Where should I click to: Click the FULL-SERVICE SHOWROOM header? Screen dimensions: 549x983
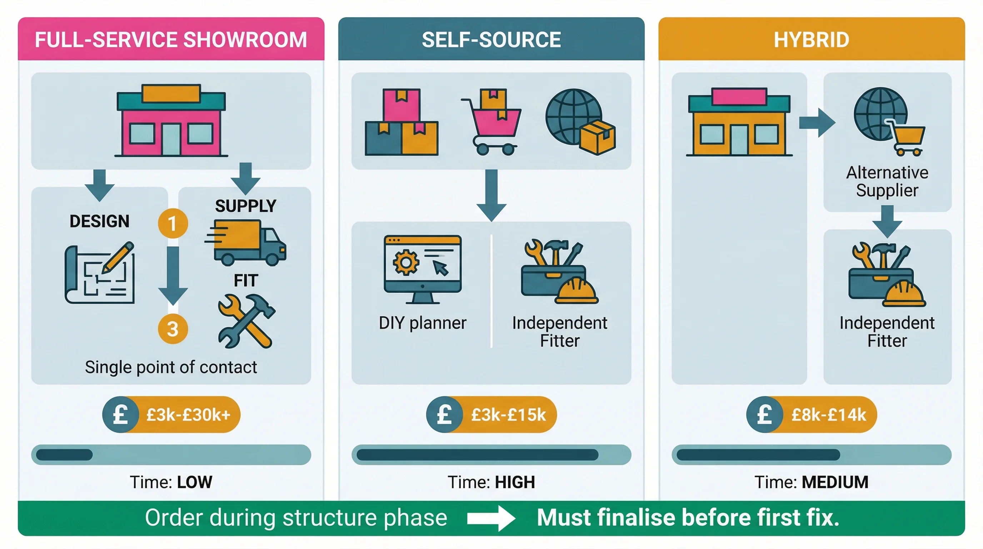coord(171,39)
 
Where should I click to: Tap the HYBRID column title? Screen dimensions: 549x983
coord(811,39)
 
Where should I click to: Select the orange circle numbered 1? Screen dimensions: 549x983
coord(173,223)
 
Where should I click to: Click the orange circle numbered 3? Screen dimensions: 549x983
coord(173,329)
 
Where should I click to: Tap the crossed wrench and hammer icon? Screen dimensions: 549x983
coord(246,321)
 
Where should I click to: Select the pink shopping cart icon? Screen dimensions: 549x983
coord(492,122)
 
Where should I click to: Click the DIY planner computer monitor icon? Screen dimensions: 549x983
coord(423,269)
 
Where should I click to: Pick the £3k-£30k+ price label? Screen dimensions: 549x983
coord(188,415)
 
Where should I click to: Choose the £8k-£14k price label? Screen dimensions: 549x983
coord(828,415)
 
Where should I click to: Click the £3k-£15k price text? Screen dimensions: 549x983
coord(508,415)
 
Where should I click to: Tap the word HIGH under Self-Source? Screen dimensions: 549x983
coord(515,482)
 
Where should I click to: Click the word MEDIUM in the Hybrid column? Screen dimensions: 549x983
coord(835,482)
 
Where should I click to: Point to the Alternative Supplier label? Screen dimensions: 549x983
coord(887,181)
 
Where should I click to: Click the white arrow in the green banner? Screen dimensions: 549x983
coord(491,518)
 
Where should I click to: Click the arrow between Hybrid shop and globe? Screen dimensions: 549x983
coord(817,123)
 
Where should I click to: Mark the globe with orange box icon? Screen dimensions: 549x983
coord(580,122)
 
